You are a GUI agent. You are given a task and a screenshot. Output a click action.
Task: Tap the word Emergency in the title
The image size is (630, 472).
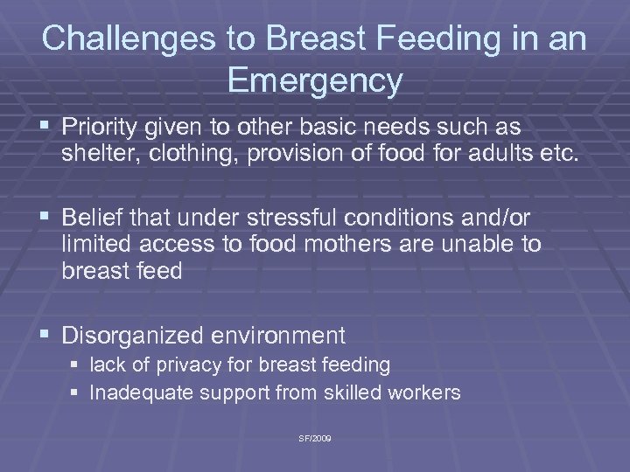315,80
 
